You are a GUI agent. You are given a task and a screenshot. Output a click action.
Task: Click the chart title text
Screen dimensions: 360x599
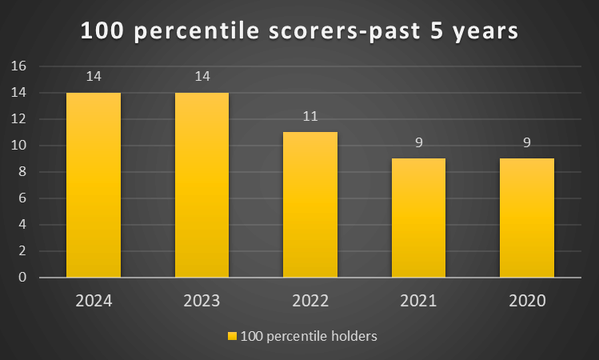[299, 31]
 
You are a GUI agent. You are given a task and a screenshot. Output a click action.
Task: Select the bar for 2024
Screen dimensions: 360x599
[94, 185]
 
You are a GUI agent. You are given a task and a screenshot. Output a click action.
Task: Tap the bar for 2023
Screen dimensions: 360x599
[202, 185]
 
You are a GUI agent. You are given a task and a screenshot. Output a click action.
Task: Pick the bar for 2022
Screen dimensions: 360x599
[310, 205]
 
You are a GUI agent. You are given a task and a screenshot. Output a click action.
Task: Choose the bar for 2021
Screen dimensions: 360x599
[418, 218]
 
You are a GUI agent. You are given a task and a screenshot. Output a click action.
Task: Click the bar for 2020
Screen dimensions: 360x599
[527, 218]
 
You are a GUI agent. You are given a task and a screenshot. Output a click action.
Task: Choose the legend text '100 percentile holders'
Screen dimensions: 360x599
[308, 336]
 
